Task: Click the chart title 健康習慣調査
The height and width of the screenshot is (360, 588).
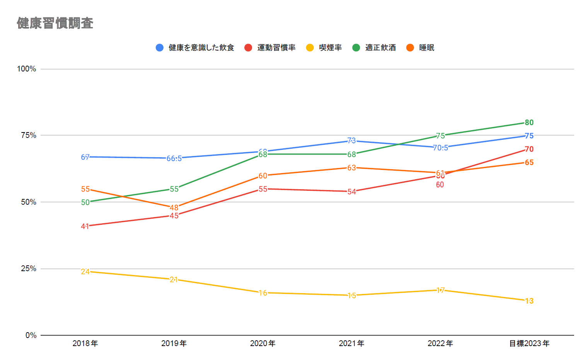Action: tap(55, 23)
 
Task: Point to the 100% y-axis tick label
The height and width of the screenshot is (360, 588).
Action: tap(26, 69)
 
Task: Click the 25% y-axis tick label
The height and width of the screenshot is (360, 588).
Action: tap(28, 268)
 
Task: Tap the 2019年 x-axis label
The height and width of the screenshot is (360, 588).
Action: tap(174, 343)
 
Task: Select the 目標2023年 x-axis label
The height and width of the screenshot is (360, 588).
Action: tap(529, 343)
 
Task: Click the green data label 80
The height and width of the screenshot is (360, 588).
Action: tap(529, 122)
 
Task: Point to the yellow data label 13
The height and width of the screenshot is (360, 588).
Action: tap(529, 301)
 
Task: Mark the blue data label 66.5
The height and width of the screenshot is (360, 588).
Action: tap(174, 158)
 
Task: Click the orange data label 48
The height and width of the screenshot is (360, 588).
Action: tap(174, 208)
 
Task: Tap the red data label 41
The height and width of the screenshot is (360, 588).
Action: tap(85, 226)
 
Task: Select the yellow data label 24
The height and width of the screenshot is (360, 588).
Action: tap(85, 272)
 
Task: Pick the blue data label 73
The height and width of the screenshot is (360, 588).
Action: tap(351, 141)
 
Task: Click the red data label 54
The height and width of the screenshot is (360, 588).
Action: tap(351, 192)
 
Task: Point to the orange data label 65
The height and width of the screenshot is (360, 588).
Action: tap(529, 163)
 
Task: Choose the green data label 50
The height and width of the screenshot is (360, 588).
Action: tap(85, 202)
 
